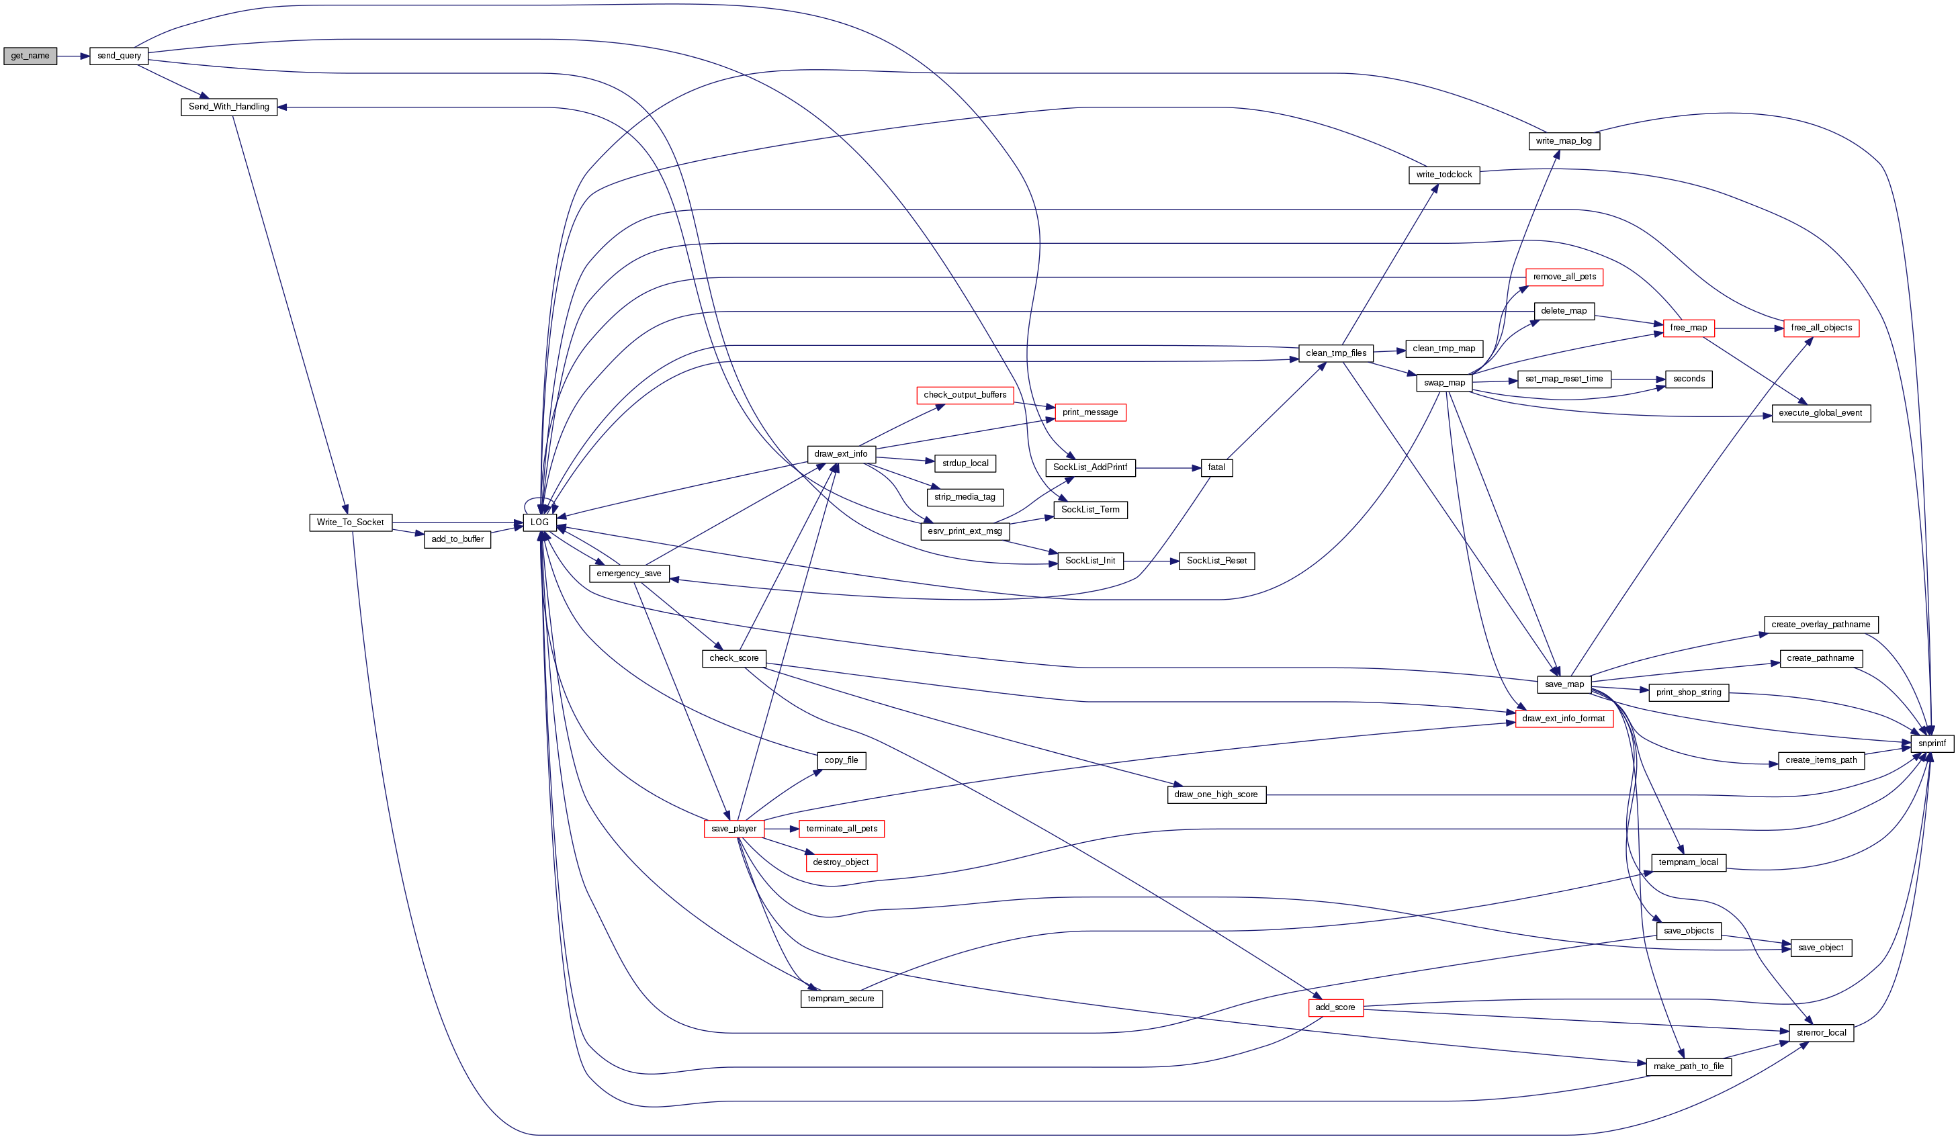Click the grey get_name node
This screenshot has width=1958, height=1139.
pos(30,56)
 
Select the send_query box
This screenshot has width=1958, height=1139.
pos(119,56)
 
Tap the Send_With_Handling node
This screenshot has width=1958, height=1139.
pos(228,106)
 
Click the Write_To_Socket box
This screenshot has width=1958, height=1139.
pos(351,522)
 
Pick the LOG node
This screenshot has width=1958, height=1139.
pos(539,522)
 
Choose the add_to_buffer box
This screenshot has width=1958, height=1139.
pos(457,539)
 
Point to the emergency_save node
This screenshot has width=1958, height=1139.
pos(629,574)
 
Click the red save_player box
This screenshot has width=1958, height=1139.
pos(733,828)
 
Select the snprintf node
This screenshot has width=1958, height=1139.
pos(1932,743)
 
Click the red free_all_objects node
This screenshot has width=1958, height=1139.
pos(1821,328)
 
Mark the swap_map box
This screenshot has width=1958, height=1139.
pos(1444,382)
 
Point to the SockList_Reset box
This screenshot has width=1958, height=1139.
pos(1216,560)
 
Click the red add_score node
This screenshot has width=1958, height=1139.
pos(1335,1007)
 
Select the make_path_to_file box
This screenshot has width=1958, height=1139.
pos(1689,1066)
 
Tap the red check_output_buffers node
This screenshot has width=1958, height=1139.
pos(965,395)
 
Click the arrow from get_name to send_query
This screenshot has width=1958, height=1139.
pos(73,56)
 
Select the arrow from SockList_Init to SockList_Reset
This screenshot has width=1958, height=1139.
pos(1151,560)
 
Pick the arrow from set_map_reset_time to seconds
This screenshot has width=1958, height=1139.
pos(1638,379)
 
